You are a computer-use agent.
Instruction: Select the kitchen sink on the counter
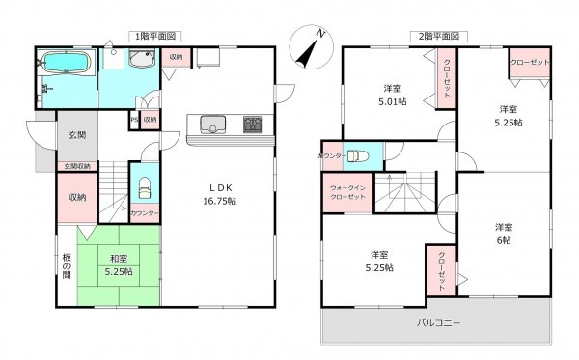(x=212, y=124)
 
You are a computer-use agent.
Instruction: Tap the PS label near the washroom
(x=134, y=120)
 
